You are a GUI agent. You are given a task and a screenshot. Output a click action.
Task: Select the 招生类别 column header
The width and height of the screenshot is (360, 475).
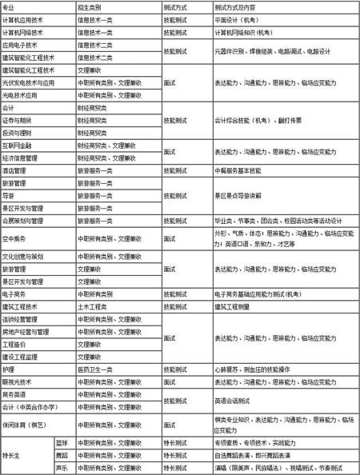pos(90,6)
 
